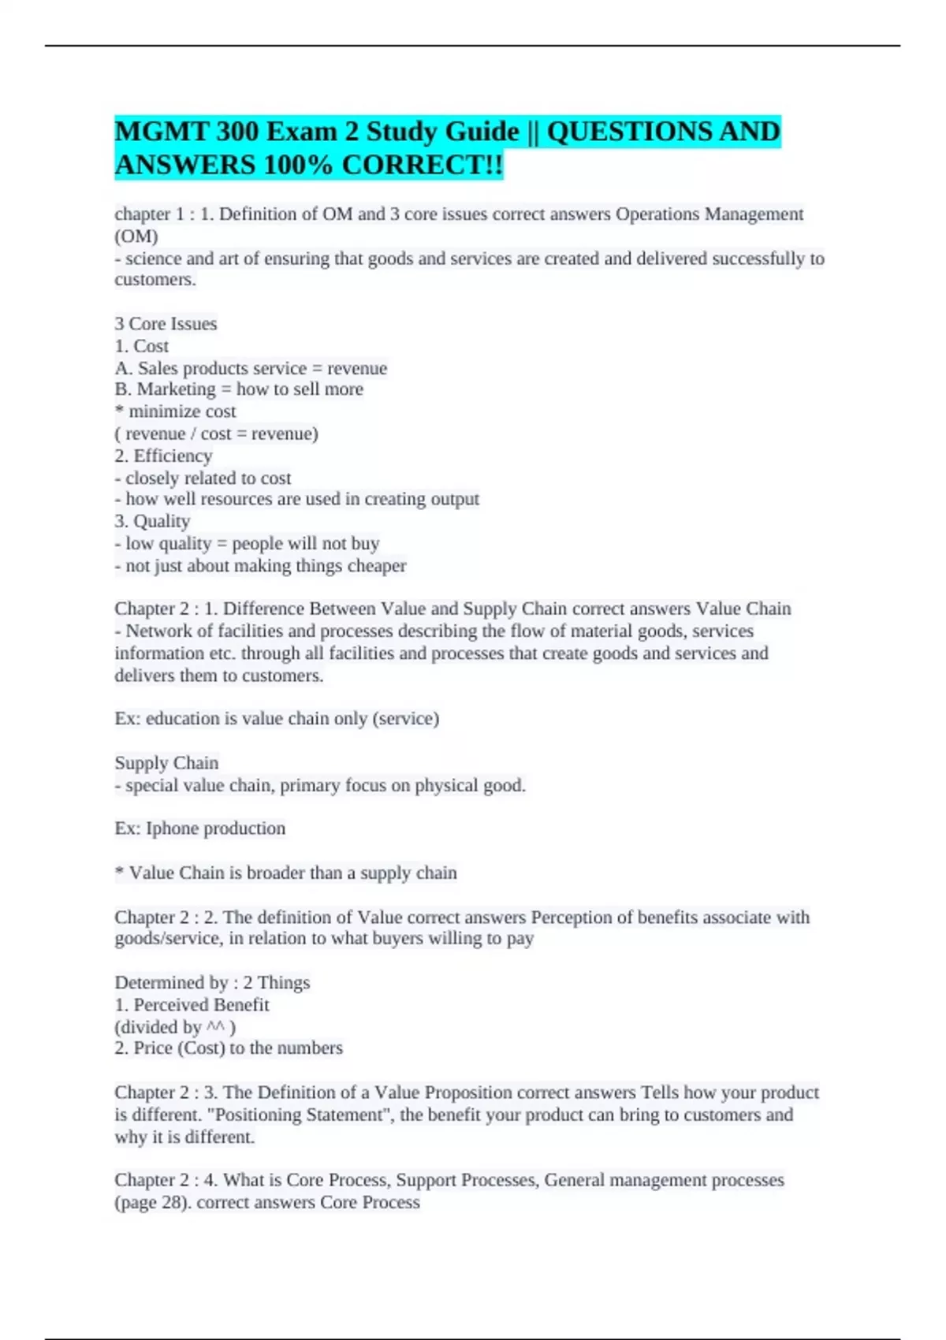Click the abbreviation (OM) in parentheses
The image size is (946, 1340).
coord(136,236)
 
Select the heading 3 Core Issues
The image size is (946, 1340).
coord(166,324)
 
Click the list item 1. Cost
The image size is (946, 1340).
coord(142,346)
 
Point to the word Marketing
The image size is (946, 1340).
coord(176,389)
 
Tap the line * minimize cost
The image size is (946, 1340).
coord(175,411)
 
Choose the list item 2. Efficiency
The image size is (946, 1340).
coord(163,456)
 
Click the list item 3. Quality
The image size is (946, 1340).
coord(152,521)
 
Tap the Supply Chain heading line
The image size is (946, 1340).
coord(166,763)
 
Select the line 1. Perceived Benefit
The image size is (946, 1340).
coord(192,1005)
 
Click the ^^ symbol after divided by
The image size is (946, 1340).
coord(216,1027)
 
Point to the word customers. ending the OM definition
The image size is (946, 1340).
coord(155,280)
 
